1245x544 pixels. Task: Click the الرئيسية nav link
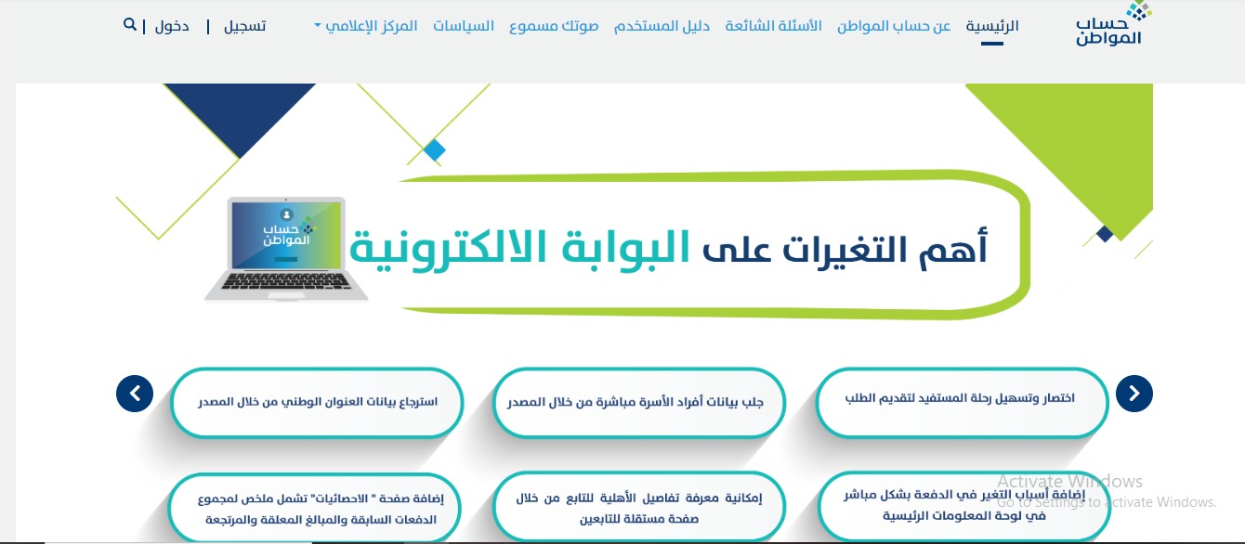tap(992, 26)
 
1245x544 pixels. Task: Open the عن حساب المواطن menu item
tap(894, 26)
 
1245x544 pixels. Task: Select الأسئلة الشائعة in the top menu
tap(773, 26)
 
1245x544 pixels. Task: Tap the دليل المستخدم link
tap(662, 26)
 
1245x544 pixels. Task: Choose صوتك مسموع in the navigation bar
tap(554, 26)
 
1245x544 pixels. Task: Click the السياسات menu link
tap(464, 26)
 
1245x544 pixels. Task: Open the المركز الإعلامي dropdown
tap(366, 26)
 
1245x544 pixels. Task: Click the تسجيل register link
tap(244, 26)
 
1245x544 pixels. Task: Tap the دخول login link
tap(172, 26)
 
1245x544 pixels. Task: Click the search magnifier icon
tap(129, 24)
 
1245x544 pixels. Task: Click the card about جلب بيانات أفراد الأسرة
tap(638, 403)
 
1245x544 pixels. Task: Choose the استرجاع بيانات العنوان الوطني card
tap(317, 403)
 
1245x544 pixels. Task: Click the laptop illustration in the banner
tap(285, 249)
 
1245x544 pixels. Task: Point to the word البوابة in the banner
tap(626, 248)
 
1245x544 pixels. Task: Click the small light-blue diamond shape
tap(435, 149)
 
